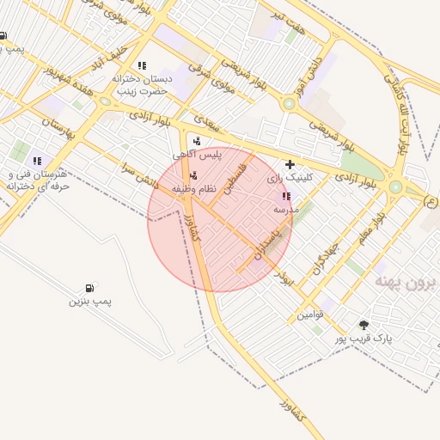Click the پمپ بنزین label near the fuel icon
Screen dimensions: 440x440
(91, 302)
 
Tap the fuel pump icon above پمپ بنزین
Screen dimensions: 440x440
(89, 289)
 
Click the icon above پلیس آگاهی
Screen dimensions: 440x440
(198, 141)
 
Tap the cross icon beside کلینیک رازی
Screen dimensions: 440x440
(290, 163)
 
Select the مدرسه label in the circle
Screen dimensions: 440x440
(285, 209)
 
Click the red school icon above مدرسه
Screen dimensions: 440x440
(285, 197)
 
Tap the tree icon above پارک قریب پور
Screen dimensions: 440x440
(364, 325)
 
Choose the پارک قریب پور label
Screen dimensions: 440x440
(364, 339)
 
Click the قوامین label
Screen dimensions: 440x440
(310, 315)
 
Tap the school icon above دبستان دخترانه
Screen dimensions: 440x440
(142, 65)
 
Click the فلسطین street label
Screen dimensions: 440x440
(235, 176)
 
